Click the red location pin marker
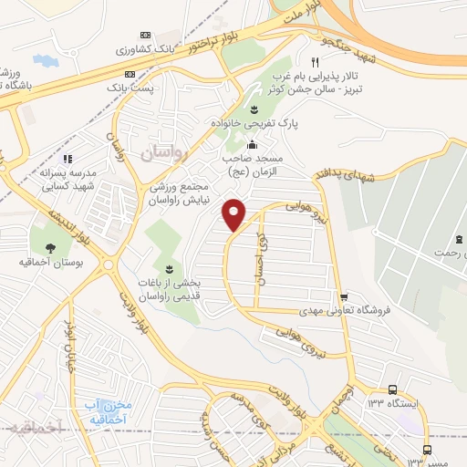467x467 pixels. click(x=235, y=214)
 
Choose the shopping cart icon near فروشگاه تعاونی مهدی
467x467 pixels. click(x=344, y=297)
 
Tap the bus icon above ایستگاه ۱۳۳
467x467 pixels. click(x=391, y=388)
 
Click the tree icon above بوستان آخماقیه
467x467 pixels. click(x=48, y=246)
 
